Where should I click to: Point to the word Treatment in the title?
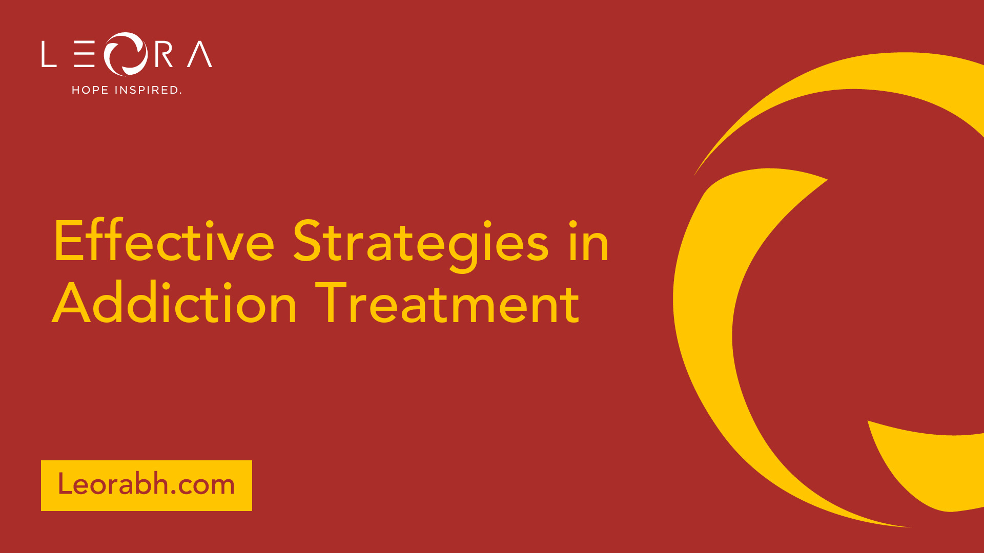tap(447, 303)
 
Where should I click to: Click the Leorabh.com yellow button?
tap(147, 485)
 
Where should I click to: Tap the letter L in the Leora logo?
tap(49, 54)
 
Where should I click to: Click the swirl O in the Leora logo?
tap(126, 54)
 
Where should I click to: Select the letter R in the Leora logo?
tap(163, 54)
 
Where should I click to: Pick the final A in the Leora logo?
tap(199, 54)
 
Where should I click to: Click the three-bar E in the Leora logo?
tap(84, 54)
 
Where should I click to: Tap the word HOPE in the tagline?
tap(90, 90)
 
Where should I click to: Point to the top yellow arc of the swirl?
tap(840, 82)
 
